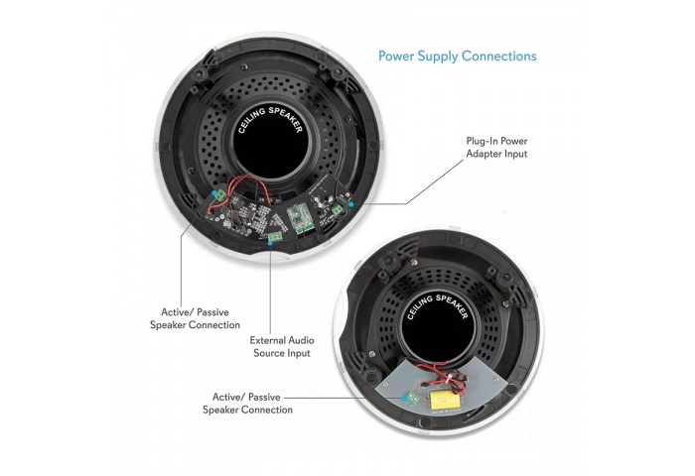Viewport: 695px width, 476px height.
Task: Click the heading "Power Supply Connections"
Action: tap(457, 56)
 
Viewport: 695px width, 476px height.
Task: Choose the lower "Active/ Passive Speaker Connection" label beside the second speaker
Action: tap(247, 403)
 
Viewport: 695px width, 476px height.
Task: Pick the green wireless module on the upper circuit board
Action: tap(299, 217)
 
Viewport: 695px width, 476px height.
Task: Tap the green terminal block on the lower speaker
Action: tap(409, 398)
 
